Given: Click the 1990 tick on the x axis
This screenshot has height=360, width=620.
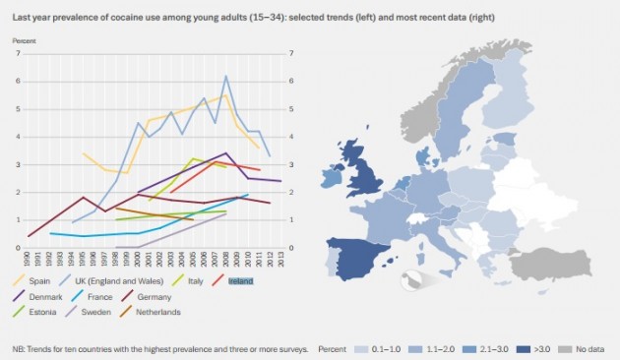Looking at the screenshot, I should pyautogui.click(x=30, y=259).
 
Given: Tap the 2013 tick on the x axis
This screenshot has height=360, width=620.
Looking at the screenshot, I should pyautogui.click(x=281, y=259).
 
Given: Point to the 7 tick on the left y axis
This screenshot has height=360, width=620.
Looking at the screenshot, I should pyautogui.click(x=18, y=53).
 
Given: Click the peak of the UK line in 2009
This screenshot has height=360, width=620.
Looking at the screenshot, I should pyautogui.click(x=226, y=77).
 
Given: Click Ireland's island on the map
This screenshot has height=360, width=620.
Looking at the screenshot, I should pyautogui.click(x=332, y=179).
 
